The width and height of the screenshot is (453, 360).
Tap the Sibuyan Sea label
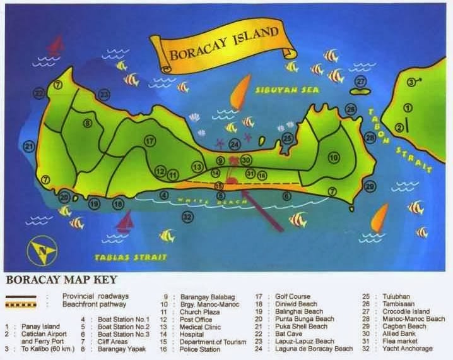tap(287, 90)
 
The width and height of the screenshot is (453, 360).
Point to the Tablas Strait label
tap(131, 256)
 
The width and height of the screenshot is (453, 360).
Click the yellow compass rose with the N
tap(42, 251)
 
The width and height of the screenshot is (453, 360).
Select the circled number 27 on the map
tap(360, 81)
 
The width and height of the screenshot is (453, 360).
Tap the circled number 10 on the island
tap(334, 157)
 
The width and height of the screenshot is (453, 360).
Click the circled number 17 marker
tap(150, 141)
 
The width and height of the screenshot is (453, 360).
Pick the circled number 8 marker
tap(88, 123)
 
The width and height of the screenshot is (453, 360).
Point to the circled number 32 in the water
tap(187, 217)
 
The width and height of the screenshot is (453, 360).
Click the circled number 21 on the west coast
tap(29, 147)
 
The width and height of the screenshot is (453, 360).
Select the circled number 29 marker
tap(370, 186)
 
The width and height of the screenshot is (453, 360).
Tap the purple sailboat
tap(57, 44)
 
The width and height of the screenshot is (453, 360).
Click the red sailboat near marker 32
tap(126, 221)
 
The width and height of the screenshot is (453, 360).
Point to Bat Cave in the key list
tap(287, 333)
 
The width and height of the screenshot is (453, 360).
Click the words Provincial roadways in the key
tap(95, 296)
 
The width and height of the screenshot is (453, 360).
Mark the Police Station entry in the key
tap(200, 349)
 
